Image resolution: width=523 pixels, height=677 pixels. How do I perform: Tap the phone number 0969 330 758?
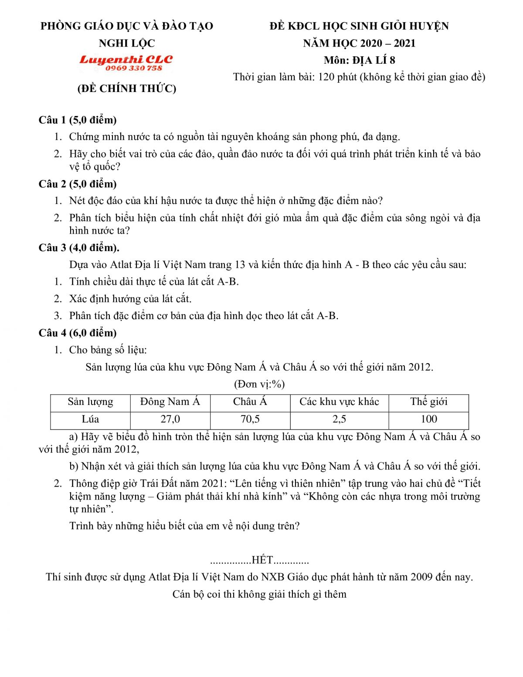click(133, 68)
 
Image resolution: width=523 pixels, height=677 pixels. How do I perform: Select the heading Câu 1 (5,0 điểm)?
click(78, 120)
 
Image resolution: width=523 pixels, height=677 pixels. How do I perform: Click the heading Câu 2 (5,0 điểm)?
click(78, 184)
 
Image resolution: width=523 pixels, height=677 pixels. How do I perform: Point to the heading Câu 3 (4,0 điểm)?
click(79, 248)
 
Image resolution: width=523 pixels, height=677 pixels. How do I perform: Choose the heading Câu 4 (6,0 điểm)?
click(78, 333)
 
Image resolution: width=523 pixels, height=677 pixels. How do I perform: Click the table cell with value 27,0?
click(170, 419)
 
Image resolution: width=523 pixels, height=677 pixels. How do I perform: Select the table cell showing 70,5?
click(250, 419)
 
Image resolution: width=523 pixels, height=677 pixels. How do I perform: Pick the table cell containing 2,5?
click(339, 419)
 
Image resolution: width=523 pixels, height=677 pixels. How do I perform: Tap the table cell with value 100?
click(428, 419)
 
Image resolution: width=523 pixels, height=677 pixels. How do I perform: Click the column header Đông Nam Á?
click(170, 402)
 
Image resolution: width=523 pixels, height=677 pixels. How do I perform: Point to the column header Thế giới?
click(428, 402)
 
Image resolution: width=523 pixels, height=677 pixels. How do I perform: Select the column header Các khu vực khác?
click(339, 402)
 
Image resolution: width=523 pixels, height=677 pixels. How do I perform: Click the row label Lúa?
click(90, 419)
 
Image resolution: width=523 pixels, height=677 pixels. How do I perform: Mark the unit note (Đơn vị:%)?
click(259, 384)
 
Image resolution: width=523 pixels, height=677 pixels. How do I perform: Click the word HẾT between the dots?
click(262, 560)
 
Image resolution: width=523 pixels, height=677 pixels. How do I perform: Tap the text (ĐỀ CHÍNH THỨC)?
click(127, 88)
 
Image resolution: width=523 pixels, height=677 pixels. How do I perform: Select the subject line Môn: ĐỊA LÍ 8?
click(359, 60)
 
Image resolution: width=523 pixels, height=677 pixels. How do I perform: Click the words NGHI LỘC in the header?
click(127, 43)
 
